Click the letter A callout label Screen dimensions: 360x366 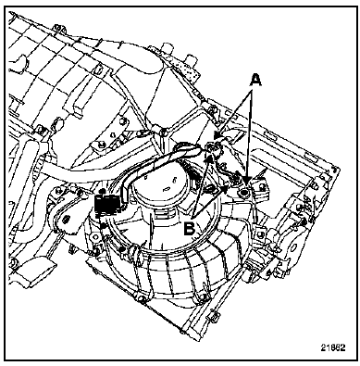[254, 81]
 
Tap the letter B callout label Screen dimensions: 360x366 [190, 229]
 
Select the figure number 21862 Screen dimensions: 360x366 [332, 347]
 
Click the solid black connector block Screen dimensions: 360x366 [107, 204]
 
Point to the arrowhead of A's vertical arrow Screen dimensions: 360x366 [247, 180]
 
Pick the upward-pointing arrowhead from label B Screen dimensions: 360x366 [210, 158]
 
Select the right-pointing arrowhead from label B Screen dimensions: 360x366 [226, 188]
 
